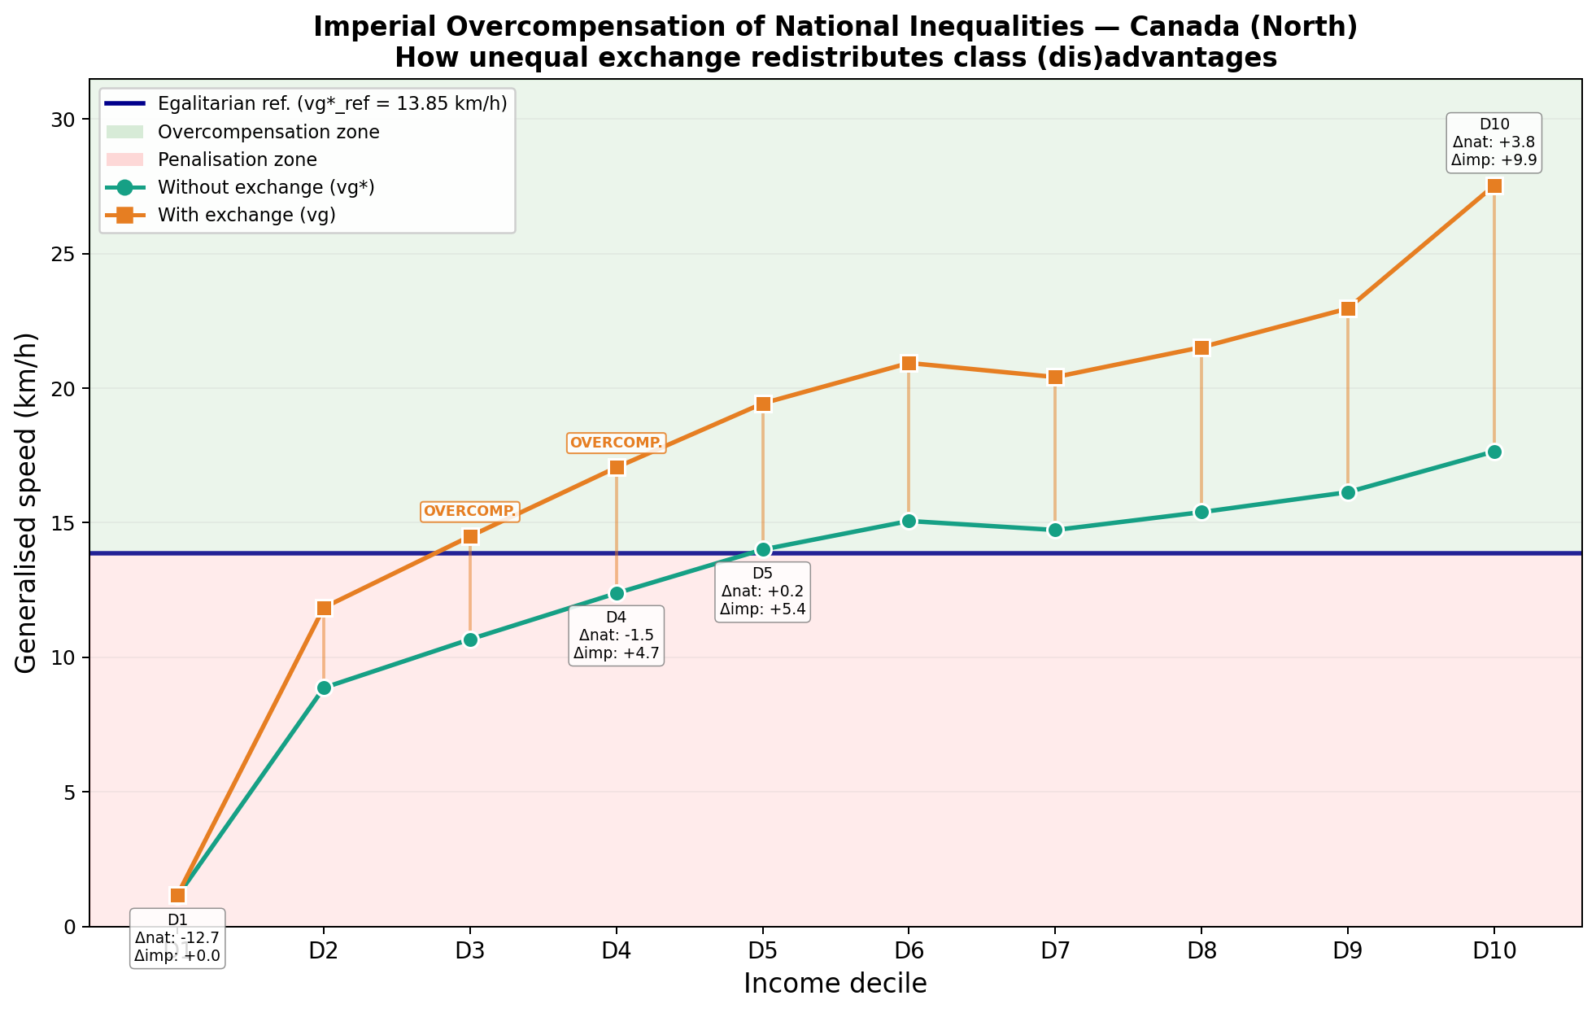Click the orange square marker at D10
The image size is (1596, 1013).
(x=1494, y=186)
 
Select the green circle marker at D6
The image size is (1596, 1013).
(x=909, y=521)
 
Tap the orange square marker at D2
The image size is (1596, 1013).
(x=324, y=608)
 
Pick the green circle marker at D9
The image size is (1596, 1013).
(x=1348, y=492)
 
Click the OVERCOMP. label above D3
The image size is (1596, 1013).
(x=469, y=511)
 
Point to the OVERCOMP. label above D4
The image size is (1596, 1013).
(x=617, y=443)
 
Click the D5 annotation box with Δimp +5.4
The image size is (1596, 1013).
(x=762, y=592)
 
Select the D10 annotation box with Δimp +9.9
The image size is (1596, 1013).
(x=1494, y=142)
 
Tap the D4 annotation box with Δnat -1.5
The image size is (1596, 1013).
(x=616, y=635)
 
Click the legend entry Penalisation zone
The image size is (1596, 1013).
(x=237, y=159)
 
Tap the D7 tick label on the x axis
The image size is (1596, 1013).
(x=1055, y=951)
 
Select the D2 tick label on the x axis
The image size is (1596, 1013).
(x=324, y=951)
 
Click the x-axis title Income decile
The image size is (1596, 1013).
(x=835, y=984)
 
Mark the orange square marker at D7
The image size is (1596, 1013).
(x=1055, y=377)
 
